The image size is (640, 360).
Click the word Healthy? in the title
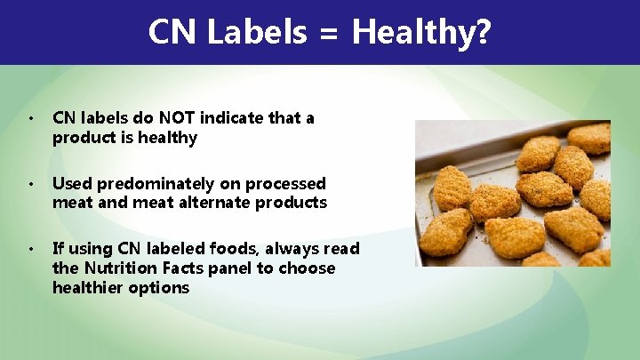tap(421, 33)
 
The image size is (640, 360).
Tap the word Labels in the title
tap(255, 33)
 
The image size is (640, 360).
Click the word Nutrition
tap(117, 268)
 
